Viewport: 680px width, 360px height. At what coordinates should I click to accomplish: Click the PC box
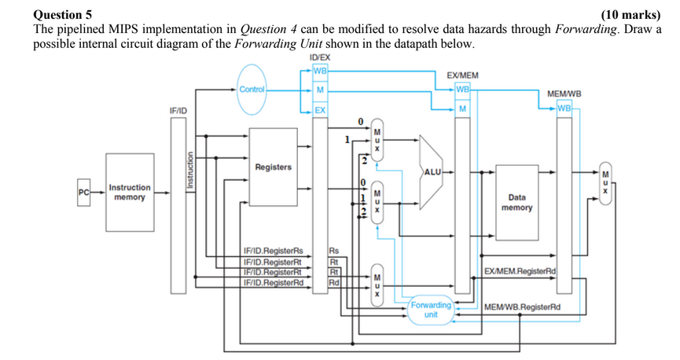pos(83,192)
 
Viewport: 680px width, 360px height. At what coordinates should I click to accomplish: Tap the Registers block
pos(273,167)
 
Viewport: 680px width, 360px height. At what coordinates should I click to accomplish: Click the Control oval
pos(252,90)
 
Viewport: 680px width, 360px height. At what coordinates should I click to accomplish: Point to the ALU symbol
pos(433,171)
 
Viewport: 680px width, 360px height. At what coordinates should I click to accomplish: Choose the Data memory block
pos(517,203)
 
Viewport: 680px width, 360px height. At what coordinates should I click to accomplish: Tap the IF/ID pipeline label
pos(178,112)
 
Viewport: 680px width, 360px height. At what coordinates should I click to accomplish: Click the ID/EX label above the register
pos(321,58)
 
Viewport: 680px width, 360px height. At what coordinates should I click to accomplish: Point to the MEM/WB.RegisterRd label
pos(522,307)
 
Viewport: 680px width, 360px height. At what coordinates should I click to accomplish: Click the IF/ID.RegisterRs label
pos(273,251)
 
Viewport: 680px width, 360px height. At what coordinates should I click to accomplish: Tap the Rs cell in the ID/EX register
pos(333,251)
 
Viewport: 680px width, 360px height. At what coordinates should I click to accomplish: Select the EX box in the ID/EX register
pos(320,110)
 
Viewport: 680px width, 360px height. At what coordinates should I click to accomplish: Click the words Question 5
pos(62,14)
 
